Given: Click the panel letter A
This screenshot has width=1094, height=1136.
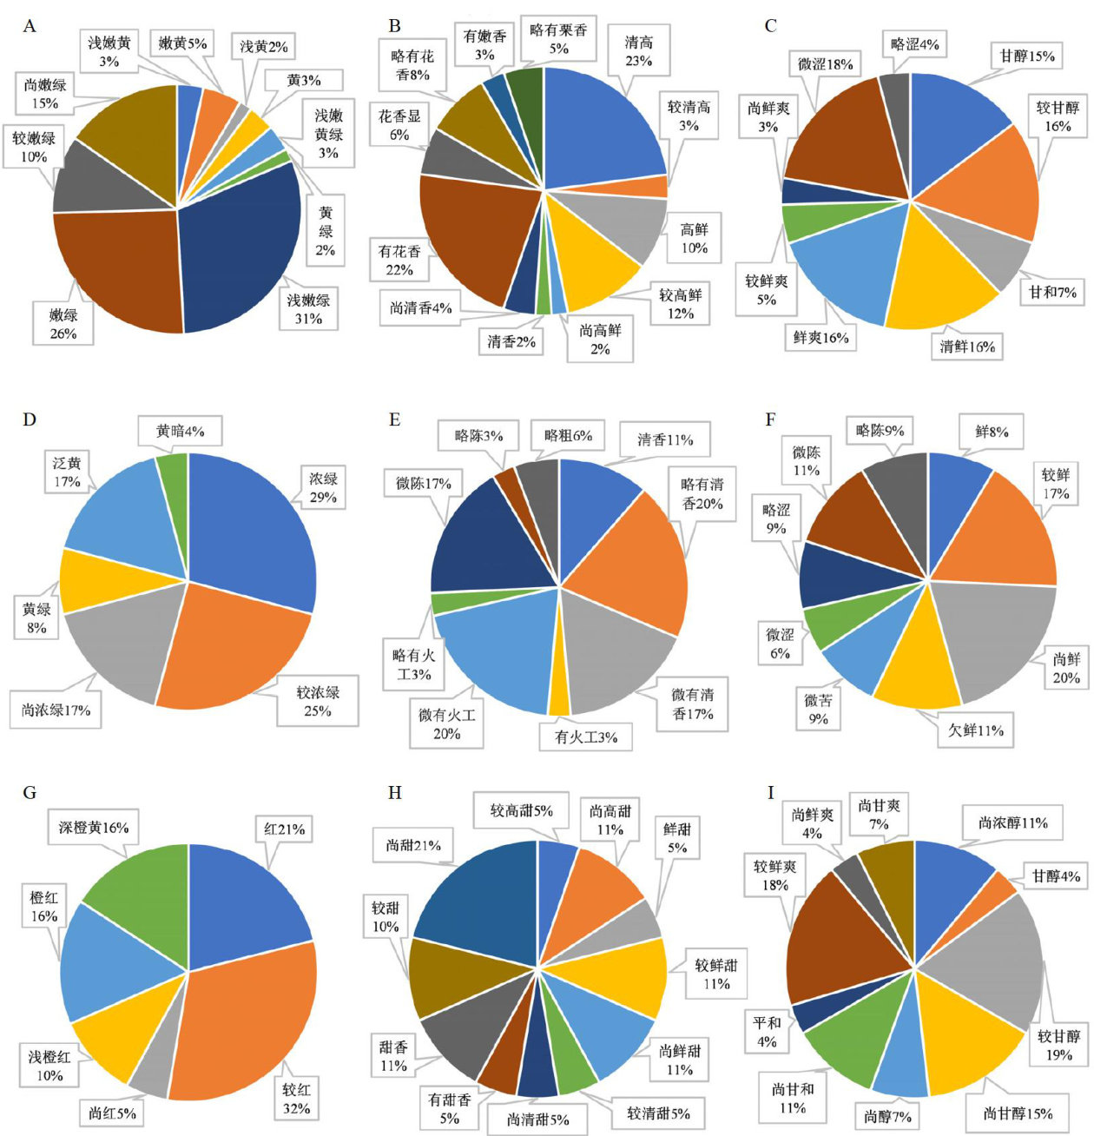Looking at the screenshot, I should (30, 26).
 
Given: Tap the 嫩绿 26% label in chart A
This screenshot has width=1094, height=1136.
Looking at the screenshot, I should (63, 324).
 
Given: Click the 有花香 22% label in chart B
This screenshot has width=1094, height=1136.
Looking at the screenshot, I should (399, 261).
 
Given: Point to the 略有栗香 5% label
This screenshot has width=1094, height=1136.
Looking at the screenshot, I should (558, 39).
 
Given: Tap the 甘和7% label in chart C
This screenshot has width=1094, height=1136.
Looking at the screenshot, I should (1052, 293).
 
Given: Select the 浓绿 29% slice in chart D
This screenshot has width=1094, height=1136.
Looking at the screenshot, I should (252, 530).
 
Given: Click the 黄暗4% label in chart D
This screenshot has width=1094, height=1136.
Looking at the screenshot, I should (180, 431).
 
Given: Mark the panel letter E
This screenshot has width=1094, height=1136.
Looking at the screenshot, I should (395, 420).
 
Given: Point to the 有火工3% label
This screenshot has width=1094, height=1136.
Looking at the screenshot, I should (586, 737).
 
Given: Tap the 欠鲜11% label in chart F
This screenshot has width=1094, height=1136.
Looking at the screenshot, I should (971, 730).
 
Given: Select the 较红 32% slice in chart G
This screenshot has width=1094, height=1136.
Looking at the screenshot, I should (252, 1025).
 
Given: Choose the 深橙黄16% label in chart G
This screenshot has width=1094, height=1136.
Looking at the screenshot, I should (94, 828).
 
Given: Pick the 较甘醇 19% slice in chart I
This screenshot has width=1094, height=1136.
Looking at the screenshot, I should (990, 955).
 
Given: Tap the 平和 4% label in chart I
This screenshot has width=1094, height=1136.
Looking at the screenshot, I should (767, 1031).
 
